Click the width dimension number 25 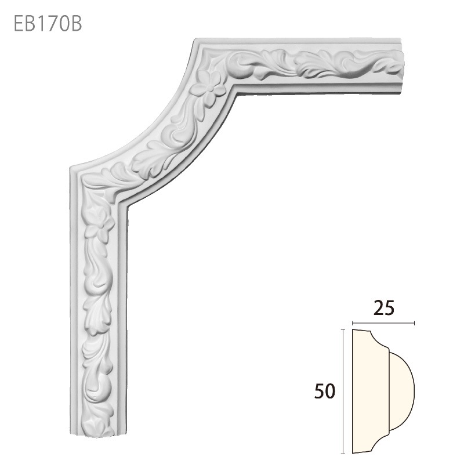(x=384, y=308)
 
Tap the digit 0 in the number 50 (x=331, y=392)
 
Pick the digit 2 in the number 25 (x=378, y=308)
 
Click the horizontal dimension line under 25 (x=383, y=322)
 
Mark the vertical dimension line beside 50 (x=344, y=391)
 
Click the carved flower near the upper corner (x=210, y=85)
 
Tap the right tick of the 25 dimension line (x=414, y=322)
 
